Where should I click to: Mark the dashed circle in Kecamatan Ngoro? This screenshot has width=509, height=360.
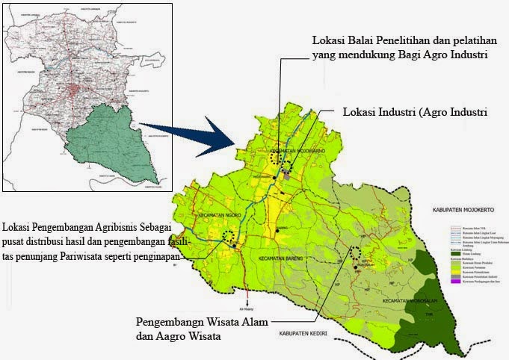(229, 236)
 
